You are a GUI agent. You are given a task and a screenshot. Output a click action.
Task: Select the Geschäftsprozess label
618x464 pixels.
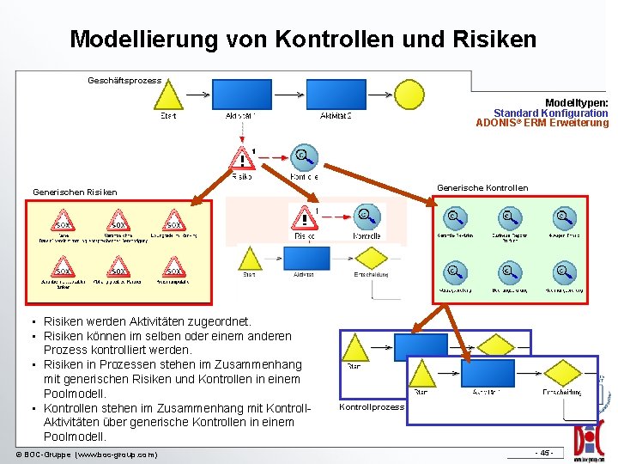pyautogui.click(x=124, y=81)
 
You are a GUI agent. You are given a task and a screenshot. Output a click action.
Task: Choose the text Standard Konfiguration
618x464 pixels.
pyautogui.click(x=550, y=113)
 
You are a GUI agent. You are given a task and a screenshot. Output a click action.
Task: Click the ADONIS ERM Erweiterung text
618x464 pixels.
pyautogui.click(x=542, y=123)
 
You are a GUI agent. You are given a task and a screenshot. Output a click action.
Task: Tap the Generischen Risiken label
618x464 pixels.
pyautogui.click(x=75, y=192)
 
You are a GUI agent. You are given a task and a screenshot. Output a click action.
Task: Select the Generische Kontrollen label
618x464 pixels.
pyautogui.click(x=482, y=188)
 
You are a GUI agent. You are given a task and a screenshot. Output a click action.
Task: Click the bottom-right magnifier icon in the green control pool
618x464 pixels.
pyautogui.click(x=561, y=272)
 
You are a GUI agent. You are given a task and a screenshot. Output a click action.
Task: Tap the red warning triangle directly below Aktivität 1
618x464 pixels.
pyautogui.click(x=243, y=158)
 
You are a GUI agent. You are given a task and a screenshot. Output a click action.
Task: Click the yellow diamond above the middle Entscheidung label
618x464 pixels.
pyautogui.click(x=370, y=259)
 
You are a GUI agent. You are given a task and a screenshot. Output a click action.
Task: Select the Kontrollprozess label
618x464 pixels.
pyautogui.click(x=371, y=406)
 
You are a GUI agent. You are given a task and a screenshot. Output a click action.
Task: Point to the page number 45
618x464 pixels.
pyautogui.click(x=544, y=453)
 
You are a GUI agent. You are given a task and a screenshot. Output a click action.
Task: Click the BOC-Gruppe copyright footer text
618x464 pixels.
pyautogui.click(x=87, y=454)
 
